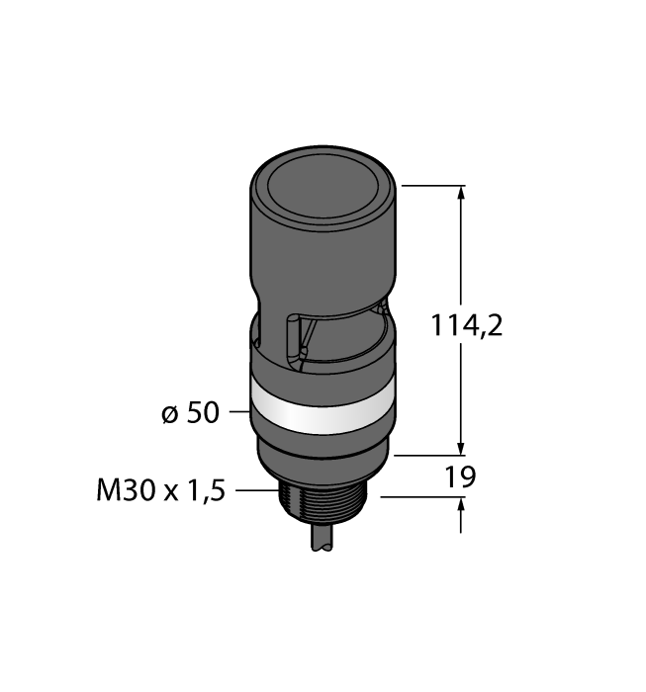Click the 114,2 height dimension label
click(x=466, y=326)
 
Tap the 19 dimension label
click(x=460, y=477)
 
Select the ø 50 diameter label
click(x=190, y=413)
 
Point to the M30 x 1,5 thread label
click(x=161, y=490)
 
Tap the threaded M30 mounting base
click(x=323, y=501)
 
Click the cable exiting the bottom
click(x=323, y=538)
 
